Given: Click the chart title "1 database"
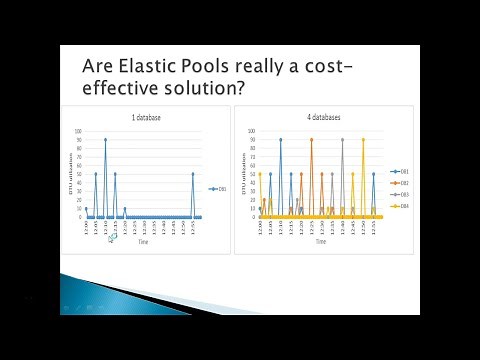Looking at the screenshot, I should (146, 118).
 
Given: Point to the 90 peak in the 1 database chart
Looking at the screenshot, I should (105, 140).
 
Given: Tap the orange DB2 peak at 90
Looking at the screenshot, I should (311, 140).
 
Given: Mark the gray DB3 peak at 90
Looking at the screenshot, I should (342, 140).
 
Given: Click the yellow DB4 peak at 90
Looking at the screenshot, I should (363, 140).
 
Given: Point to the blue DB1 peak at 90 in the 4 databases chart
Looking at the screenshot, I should (280, 140).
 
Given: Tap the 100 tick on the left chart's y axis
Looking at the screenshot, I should (79, 131).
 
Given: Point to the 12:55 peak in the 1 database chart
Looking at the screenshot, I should (193, 174).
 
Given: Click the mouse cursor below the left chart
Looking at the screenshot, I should (112, 238).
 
